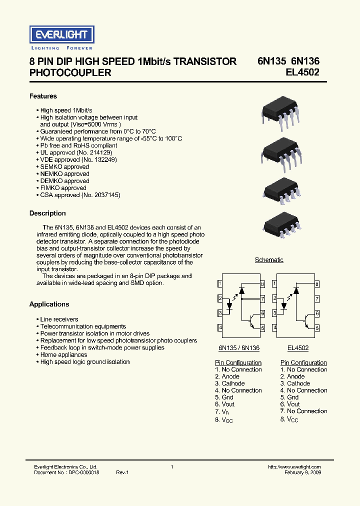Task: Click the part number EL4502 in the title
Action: (x=302, y=72)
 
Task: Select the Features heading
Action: (x=43, y=96)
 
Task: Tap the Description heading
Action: (x=47, y=213)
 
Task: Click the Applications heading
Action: (x=49, y=304)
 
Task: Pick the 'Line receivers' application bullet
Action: (x=59, y=319)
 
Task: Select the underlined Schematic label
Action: (x=269, y=260)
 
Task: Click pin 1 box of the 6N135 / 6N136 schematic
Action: (x=220, y=284)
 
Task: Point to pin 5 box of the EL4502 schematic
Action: (x=317, y=328)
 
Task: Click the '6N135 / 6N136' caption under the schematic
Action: (x=239, y=348)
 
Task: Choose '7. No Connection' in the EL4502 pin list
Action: (x=303, y=411)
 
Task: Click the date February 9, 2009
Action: (x=303, y=472)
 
